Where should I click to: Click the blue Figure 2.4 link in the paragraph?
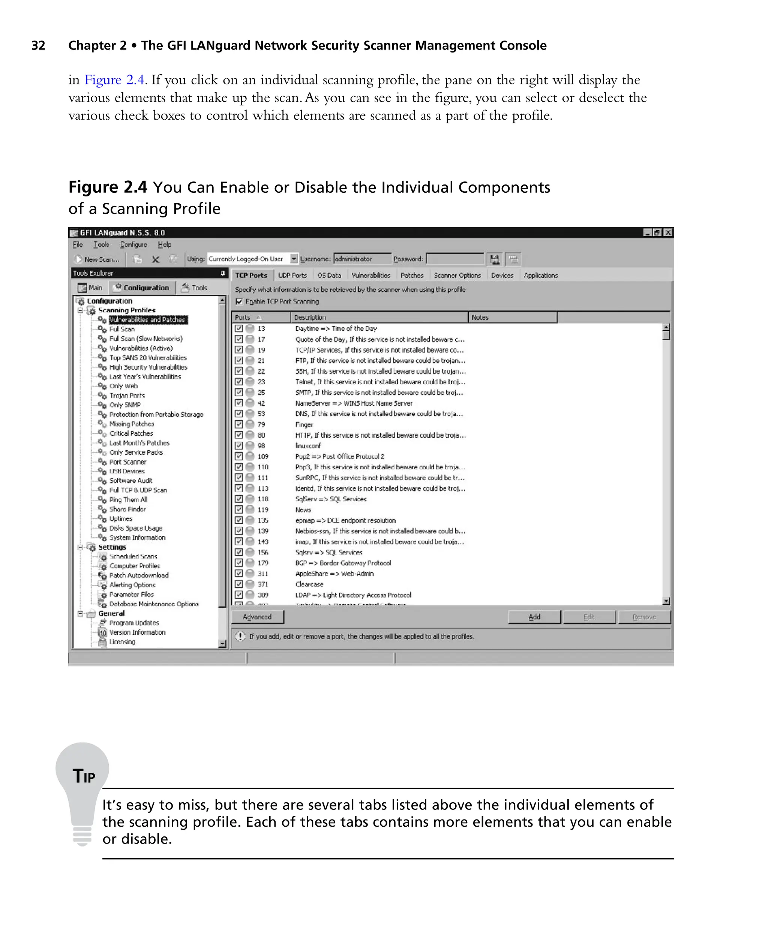point(115,80)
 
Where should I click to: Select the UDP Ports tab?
point(292,275)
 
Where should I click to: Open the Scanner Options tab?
point(457,275)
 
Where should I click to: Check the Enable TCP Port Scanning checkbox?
point(239,302)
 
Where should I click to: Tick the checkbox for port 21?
point(239,361)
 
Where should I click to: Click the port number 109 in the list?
point(263,457)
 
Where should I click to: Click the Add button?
point(534,617)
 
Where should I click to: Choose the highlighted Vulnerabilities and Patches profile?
point(147,320)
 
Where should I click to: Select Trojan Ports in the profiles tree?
point(127,396)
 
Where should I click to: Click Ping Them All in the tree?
point(128,500)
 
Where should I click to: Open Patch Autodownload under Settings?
point(139,575)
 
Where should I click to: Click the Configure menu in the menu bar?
point(133,244)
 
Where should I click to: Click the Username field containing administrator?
point(362,259)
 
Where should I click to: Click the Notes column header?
point(480,318)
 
